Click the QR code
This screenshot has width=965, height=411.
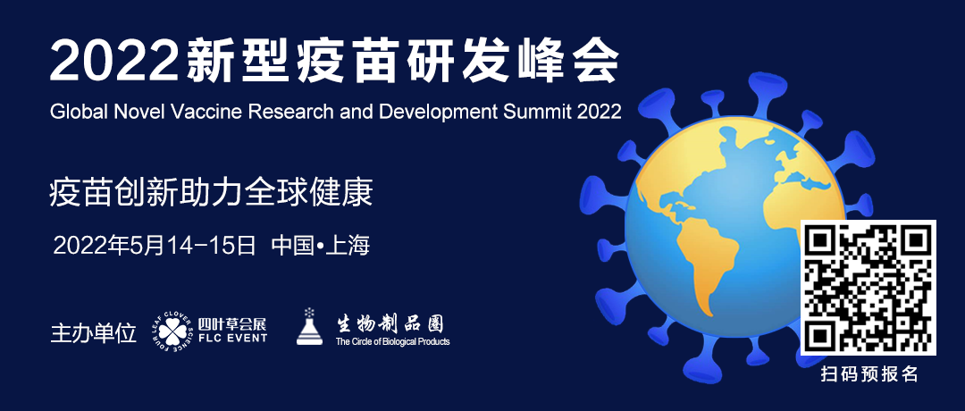868,288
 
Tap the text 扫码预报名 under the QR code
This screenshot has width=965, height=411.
869,373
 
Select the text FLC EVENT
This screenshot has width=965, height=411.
232,337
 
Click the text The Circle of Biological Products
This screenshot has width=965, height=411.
392,341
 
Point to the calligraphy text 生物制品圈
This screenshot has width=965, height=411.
389,323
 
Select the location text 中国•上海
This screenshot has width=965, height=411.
321,246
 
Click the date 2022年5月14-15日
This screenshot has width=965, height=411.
155,246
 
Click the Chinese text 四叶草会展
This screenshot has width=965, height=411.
232,324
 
